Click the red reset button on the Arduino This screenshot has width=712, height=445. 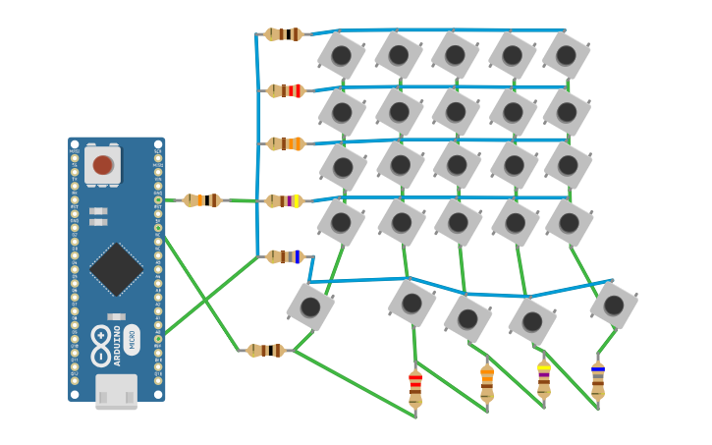(x=103, y=164)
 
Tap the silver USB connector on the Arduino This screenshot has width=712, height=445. (x=116, y=391)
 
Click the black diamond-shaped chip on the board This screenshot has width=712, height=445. (x=116, y=269)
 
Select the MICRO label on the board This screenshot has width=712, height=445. (x=133, y=339)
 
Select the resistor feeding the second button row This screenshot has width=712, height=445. (x=285, y=90)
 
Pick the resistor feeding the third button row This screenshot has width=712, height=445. (x=285, y=143)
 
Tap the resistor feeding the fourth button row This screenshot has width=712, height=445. (x=285, y=200)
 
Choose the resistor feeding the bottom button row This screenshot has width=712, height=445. (x=285, y=256)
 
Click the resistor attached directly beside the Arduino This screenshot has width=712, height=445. (x=202, y=200)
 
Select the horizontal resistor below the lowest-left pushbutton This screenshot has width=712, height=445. (x=265, y=351)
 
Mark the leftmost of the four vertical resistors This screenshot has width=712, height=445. (x=415, y=388)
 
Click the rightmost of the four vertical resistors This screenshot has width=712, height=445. (x=597, y=381)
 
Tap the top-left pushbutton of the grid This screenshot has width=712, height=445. (x=342, y=55)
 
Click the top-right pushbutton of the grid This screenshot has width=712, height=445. (x=566, y=55)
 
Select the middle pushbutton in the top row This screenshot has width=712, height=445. (x=455, y=55)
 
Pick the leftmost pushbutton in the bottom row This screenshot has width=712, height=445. (x=310, y=306)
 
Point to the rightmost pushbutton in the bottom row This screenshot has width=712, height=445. (x=614, y=305)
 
